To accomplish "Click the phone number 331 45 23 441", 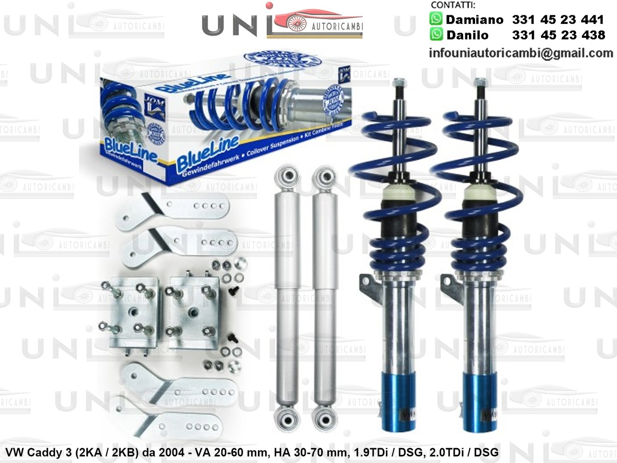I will click(x=557, y=19).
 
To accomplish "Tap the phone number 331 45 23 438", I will click(x=558, y=35).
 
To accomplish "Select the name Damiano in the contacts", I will click(x=474, y=19).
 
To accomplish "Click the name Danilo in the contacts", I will click(x=468, y=35).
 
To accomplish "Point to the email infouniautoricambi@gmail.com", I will click(x=520, y=53).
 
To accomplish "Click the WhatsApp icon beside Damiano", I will click(x=436, y=19).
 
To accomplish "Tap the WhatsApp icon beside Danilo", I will click(x=436, y=34).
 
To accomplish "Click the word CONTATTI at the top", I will click(x=452, y=5).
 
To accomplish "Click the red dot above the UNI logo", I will click(x=269, y=5).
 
